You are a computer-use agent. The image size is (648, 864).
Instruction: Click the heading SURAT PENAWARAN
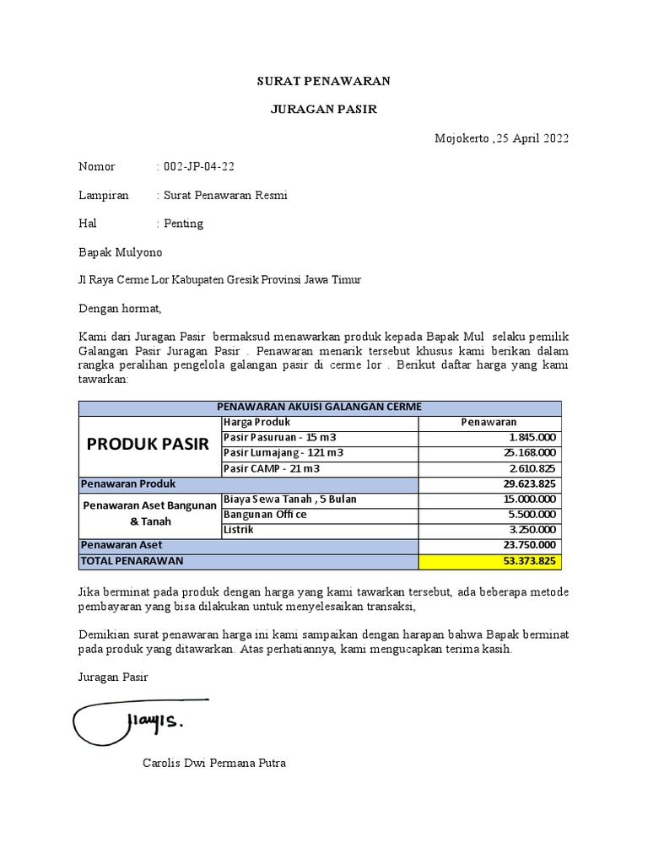click(x=324, y=81)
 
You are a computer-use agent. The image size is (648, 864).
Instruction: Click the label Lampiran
click(x=104, y=196)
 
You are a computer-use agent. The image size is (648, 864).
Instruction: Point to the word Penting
click(x=183, y=224)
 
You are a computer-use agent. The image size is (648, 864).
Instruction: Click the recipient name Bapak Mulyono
click(x=120, y=252)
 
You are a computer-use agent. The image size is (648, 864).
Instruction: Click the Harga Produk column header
click(x=257, y=422)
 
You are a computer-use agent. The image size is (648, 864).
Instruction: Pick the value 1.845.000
click(x=532, y=437)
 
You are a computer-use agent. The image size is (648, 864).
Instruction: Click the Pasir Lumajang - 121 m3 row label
click(x=283, y=453)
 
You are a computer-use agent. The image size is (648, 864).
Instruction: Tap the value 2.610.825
click(x=532, y=468)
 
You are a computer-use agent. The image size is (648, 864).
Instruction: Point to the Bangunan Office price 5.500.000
click(x=532, y=515)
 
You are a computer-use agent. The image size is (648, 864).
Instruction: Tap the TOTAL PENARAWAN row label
click(x=131, y=561)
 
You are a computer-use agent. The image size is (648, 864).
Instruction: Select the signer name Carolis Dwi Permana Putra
click(x=214, y=764)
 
